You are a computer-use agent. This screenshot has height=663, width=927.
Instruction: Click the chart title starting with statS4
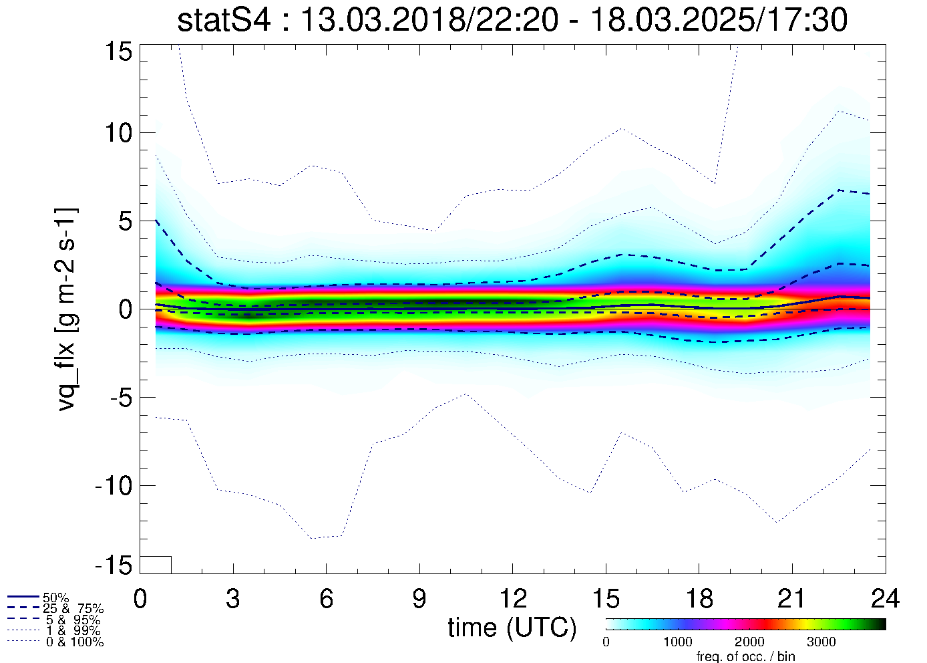click(512, 20)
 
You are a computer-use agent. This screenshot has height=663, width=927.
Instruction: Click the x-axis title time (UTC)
click(512, 628)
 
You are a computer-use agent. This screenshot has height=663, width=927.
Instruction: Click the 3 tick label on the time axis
click(233, 599)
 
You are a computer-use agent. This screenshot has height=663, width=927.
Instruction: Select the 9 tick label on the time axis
click(419, 599)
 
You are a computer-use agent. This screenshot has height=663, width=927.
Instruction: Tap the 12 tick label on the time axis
click(512, 599)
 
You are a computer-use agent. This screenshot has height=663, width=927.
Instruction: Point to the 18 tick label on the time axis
click(699, 599)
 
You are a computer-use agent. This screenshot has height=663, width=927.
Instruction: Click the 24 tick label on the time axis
click(885, 599)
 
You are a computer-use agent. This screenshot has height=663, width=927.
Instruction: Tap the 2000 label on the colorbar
click(749, 642)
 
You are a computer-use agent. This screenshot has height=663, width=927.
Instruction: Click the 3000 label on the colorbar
click(821, 642)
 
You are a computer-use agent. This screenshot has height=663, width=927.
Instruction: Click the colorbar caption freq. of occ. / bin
click(745, 656)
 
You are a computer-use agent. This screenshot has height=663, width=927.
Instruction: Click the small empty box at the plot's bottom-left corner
click(156, 565)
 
